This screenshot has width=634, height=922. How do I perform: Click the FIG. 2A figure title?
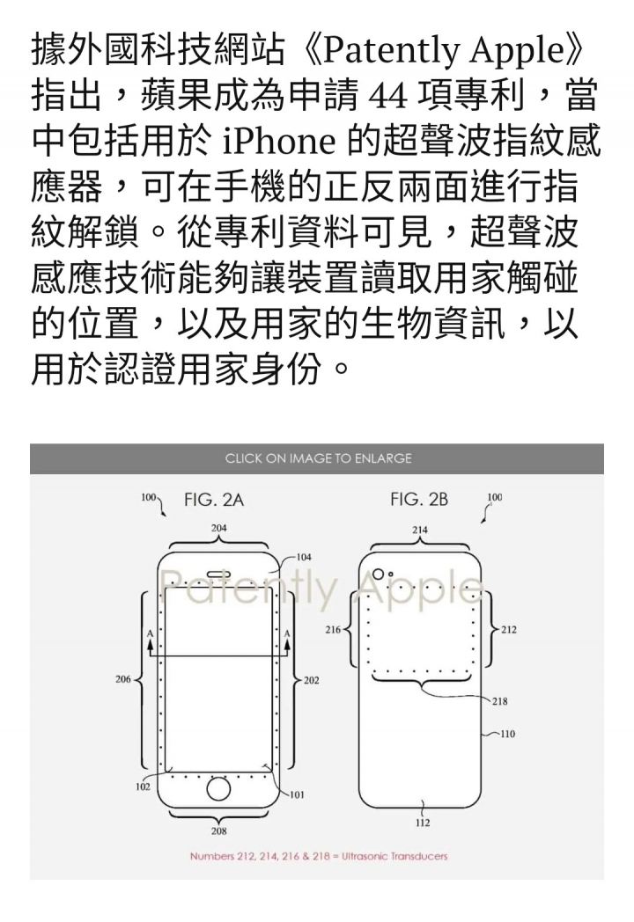tap(214, 500)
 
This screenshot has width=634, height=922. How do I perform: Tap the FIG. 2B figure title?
tap(419, 500)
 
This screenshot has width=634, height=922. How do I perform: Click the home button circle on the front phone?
tap(218, 788)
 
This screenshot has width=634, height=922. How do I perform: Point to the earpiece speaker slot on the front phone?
tap(217, 573)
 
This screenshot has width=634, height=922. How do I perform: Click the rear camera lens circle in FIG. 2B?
tap(379, 574)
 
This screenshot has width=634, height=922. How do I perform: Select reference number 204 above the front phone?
tap(219, 528)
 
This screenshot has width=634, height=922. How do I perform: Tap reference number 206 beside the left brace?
tap(123, 679)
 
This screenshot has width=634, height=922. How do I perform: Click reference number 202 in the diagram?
tap(312, 680)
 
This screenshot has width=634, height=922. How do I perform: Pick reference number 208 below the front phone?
tap(219, 831)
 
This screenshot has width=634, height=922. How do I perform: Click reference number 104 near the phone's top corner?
tap(304, 557)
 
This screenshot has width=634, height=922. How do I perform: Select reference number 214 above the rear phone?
tap(420, 530)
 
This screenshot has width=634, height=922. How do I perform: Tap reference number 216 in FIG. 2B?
tap(333, 630)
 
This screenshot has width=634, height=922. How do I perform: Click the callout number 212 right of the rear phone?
tap(509, 630)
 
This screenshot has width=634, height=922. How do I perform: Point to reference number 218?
tap(500, 701)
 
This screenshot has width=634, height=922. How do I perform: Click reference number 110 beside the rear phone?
tap(507, 734)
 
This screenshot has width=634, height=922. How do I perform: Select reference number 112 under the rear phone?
tap(423, 823)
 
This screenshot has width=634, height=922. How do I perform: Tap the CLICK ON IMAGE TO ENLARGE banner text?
tap(318, 458)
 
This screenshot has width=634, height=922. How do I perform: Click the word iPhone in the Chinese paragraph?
tap(280, 141)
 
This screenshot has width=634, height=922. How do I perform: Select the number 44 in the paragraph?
tap(388, 96)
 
